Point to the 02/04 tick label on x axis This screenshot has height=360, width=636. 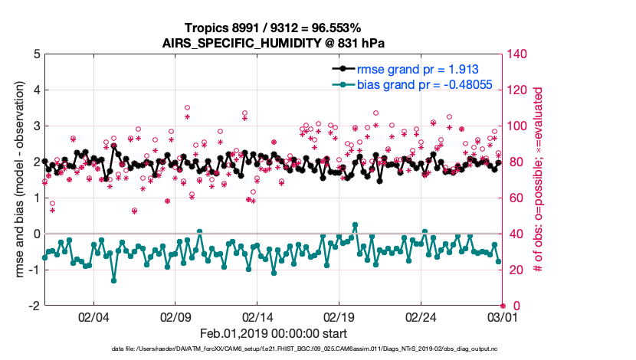pyautogui.click(x=93, y=316)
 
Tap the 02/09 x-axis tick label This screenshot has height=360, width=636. pyautogui.click(x=175, y=316)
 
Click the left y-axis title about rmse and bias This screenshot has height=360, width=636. pyautogui.click(x=18, y=180)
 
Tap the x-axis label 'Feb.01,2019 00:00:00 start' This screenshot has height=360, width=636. pyautogui.click(x=274, y=333)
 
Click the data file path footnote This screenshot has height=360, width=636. pyautogui.click(x=274, y=349)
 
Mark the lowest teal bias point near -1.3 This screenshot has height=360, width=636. pyautogui.click(x=113, y=280)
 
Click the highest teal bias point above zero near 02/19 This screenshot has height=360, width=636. pyautogui.click(x=355, y=225)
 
